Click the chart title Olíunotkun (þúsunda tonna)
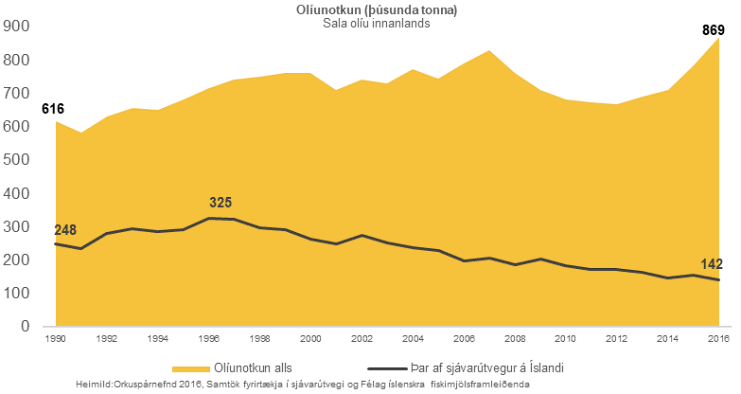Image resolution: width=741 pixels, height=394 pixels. [x=377, y=9]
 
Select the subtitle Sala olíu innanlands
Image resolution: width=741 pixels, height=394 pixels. [x=377, y=24]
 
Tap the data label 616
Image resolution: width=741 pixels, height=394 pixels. [x=53, y=110]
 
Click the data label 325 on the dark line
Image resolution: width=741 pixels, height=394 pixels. [x=221, y=203]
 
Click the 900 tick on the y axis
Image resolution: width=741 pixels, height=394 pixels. [x=18, y=27]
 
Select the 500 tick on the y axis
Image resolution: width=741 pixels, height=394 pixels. [x=18, y=160]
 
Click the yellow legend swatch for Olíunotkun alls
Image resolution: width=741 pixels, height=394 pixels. [x=194, y=368]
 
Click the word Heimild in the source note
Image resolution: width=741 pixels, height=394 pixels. [x=97, y=384]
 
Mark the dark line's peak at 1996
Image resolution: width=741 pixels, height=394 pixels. [x=209, y=219]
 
